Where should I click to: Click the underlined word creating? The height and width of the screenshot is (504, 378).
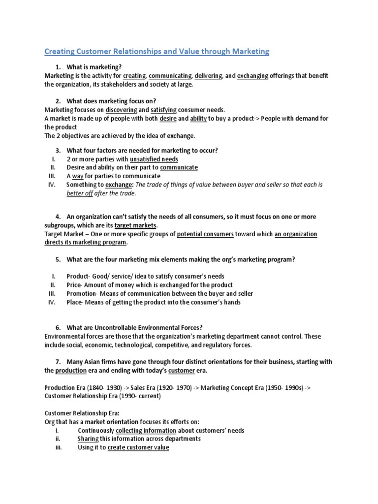(x=134, y=76)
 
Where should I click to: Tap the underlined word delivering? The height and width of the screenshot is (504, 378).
(x=208, y=76)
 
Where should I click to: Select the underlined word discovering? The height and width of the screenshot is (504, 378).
(x=121, y=110)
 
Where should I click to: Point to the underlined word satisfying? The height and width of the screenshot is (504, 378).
(x=166, y=110)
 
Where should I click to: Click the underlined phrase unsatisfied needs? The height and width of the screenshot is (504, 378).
(x=154, y=159)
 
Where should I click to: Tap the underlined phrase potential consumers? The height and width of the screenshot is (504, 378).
(x=205, y=234)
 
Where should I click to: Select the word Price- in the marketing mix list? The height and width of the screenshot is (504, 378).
(x=75, y=285)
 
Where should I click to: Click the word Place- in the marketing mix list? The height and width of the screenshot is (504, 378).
(x=75, y=302)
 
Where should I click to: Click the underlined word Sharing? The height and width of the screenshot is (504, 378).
(x=88, y=439)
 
